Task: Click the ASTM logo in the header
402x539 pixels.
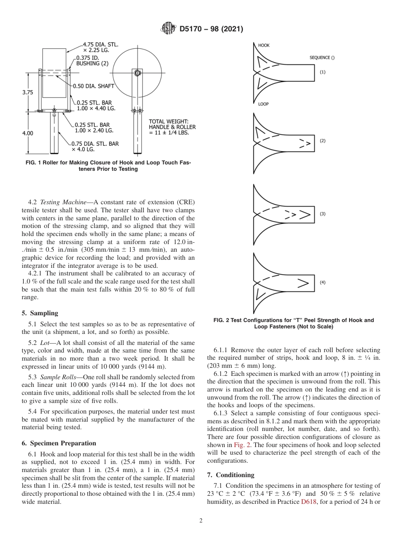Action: (168, 29)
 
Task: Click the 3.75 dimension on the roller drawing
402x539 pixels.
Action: (28, 92)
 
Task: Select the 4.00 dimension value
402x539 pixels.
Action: (28, 133)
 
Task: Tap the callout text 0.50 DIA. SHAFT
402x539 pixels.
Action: (94, 86)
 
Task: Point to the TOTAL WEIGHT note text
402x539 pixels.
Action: (172, 127)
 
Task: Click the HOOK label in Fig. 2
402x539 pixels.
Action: (264, 45)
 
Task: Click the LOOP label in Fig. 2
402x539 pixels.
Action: (263, 104)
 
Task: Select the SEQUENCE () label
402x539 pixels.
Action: (322, 58)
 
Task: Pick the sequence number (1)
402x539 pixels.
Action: (322, 72)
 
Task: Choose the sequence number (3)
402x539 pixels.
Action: (322, 214)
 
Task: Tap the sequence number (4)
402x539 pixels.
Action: (322, 283)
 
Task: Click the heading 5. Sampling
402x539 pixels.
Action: (40, 313)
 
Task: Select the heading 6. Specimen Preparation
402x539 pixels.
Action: (59, 443)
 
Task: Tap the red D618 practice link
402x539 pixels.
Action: (308, 502)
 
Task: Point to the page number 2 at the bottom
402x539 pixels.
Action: (201, 521)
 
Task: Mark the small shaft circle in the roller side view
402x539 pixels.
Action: (137, 73)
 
